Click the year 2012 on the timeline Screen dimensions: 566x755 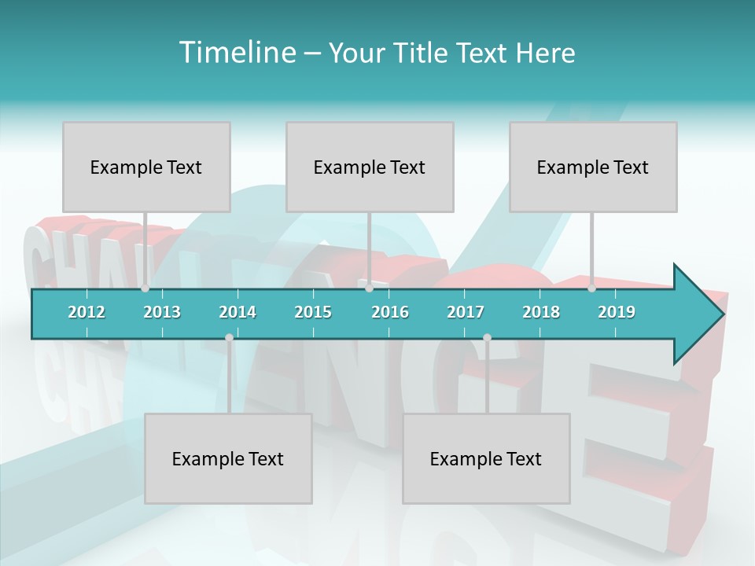(87, 312)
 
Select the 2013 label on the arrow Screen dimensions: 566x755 (162, 312)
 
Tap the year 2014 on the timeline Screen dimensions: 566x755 (238, 312)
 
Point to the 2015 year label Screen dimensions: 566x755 (313, 312)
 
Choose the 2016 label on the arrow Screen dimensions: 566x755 (390, 312)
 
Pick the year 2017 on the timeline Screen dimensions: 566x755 (466, 312)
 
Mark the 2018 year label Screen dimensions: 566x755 (541, 312)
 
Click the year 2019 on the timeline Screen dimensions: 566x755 (617, 312)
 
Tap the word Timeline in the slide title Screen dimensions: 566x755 (236, 53)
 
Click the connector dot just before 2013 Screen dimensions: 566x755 (145, 289)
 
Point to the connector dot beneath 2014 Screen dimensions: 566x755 (229, 338)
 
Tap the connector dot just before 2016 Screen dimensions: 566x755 (369, 289)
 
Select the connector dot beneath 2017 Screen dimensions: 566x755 (487, 338)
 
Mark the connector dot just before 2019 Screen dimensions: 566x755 (592, 289)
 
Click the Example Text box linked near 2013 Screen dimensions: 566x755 (146, 167)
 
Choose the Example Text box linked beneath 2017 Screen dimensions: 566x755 (486, 459)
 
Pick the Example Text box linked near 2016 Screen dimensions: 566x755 (370, 167)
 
